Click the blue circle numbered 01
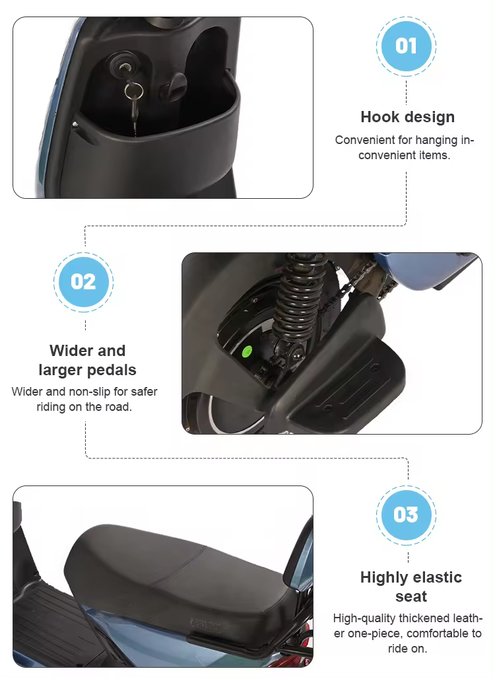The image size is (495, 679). (x=406, y=46)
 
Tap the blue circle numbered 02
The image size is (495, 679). (x=83, y=282)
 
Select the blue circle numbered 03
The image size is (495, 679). (x=406, y=515)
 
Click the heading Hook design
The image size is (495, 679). (x=407, y=117)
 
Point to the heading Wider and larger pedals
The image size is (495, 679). (x=87, y=360)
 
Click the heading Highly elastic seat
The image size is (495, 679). (x=411, y=587)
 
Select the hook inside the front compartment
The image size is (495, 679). (x=177, y=85)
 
